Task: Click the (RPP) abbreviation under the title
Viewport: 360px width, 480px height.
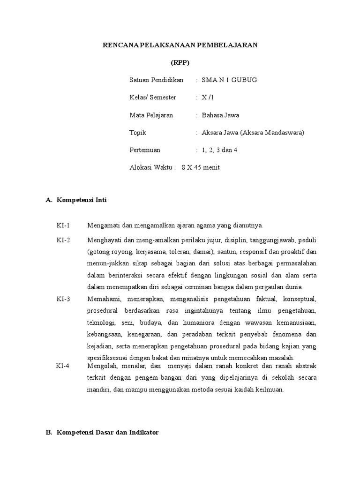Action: pyautogui.click(x=180, y=62)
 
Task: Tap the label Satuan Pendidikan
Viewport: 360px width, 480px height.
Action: pyautogui.click(x=156, y=80)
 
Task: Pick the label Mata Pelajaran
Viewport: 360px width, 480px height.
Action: pyautogui.click(x=151, y=115)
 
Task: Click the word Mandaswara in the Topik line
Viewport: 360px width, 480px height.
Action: pyautogui.click(x=285, y=133)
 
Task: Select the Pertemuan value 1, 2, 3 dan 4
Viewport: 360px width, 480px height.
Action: pyautogui.click(x=220, y=150)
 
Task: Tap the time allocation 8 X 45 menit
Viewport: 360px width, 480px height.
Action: pyautogui.click(x=201, y=167)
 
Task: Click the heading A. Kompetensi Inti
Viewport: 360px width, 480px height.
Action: pyautogui.click(x=76, y=200)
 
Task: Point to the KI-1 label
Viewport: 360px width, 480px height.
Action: pyautogui.click(x=63, y=225)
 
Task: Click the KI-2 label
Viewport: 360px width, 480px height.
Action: pyautogui.click(x=63, y=240)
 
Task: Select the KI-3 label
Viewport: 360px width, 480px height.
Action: pyautogui.click(x=63, y=299)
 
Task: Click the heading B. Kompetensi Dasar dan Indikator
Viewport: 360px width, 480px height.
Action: pyautogui.click(x=102, y=433)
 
